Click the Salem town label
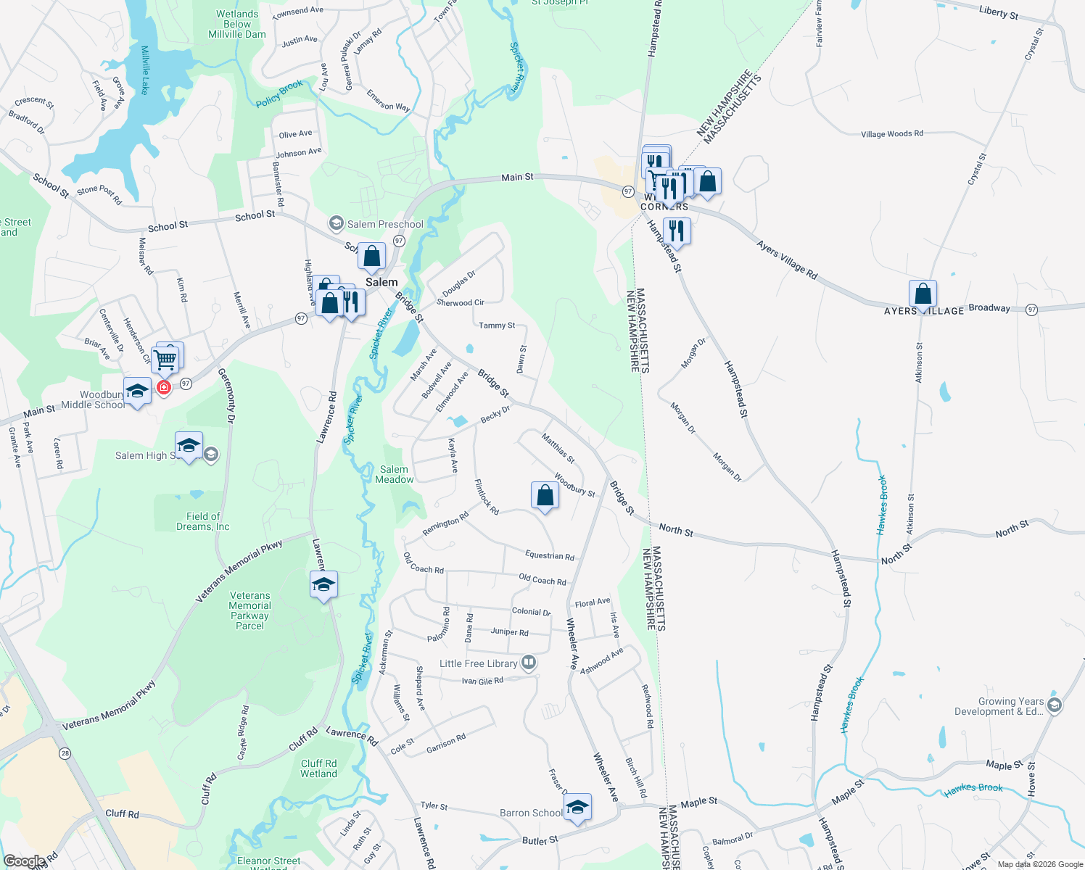381,282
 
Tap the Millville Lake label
145,70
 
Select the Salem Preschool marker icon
336,223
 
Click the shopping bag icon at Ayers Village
923,294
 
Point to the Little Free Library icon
529,662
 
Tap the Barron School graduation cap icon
577,807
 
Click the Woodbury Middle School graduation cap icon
137,391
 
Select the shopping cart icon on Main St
166,358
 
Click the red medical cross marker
164,388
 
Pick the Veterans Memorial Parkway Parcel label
249,610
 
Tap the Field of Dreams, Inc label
203,521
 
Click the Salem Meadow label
394,474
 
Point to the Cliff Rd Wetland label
319,768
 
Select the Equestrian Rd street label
549,556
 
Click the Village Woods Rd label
892,134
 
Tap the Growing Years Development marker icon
1055,704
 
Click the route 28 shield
65,753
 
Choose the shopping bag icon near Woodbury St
545,496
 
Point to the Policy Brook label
279,94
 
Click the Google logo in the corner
24,861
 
